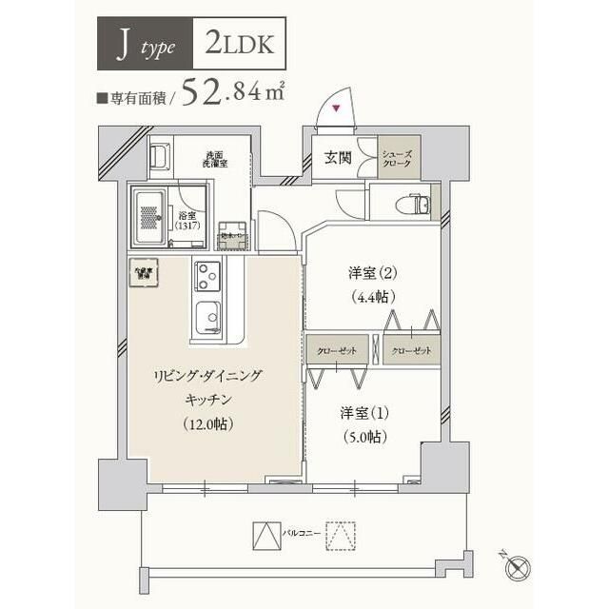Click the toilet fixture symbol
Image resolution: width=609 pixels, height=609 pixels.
pyautogui.click(x=410, y=205)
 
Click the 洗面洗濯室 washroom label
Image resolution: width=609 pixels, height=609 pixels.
pyautogui.click(x=214, y=159)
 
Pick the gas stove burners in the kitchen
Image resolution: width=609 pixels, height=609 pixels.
pyautogui.click(x=206, y=276)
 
